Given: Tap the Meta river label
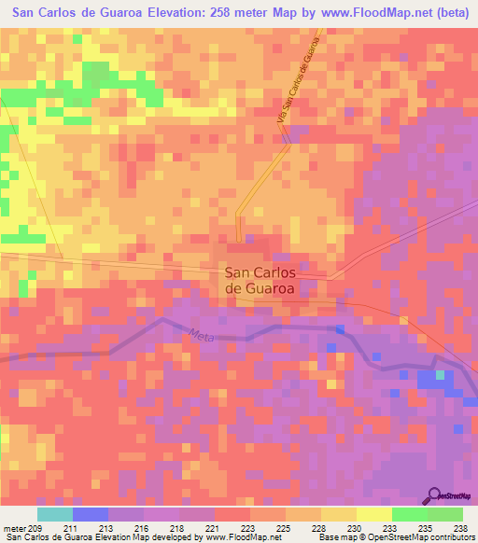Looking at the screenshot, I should point(200,334).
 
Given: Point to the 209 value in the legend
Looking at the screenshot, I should point(36,528).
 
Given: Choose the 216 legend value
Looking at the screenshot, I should point(143,528).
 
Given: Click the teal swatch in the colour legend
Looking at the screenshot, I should point(54,514).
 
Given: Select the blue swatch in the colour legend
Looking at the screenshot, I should point(90,514).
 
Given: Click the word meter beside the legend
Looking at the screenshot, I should point(13,528).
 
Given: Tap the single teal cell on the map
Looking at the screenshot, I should point(440,375).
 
